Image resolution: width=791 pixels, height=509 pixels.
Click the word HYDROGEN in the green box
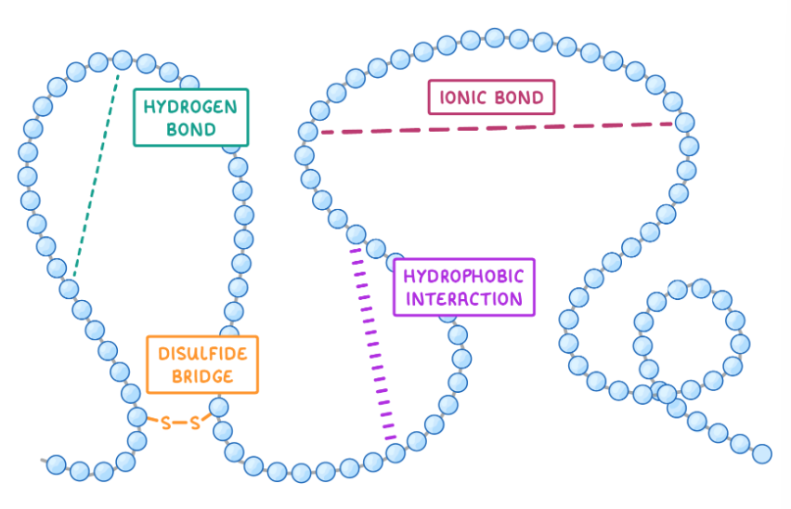pyautogui.click(x=190, y=106)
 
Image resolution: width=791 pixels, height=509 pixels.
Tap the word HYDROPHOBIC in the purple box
pyautogui.click(x=464, y=276)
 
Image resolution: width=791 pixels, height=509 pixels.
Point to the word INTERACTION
pyautogui.click(x=464, y=299)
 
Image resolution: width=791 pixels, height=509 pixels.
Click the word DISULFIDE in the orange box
pyautogui.click(x=202, y=354)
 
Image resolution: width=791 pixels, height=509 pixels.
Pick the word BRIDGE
pyautogui.click(x=202, y=376)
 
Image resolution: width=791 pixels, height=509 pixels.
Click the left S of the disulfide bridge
pyautogui.click(x=166, y=424)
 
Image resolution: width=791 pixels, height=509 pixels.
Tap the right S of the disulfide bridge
pyautogui.click(x=195, y=424)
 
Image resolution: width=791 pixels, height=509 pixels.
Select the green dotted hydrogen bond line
pyautogui.click(x=95, y=176)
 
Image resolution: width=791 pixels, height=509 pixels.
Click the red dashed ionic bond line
pyautogui.click(x=497, y=127)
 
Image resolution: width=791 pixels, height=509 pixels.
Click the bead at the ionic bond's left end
pyautogui.click(x=308, y=132)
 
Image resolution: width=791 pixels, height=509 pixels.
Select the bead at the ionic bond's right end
pyautogui.click(x=684, y=122)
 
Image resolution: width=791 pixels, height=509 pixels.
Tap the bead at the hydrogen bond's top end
pyautogui.click(x=122, y=59)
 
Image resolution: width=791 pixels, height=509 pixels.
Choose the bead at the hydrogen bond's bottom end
pyautogui.click(x=69, y=288)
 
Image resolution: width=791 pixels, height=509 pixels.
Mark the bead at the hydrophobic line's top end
pyautogui.click(x=356, y=233)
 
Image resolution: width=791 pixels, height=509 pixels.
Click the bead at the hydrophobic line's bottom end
pyautogui.click(x=395, y=452)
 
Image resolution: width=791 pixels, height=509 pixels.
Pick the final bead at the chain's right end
pyautogui.click(x=762, y=453)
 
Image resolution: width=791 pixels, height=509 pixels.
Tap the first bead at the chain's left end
pyautogui.click(x=56, y=463)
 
